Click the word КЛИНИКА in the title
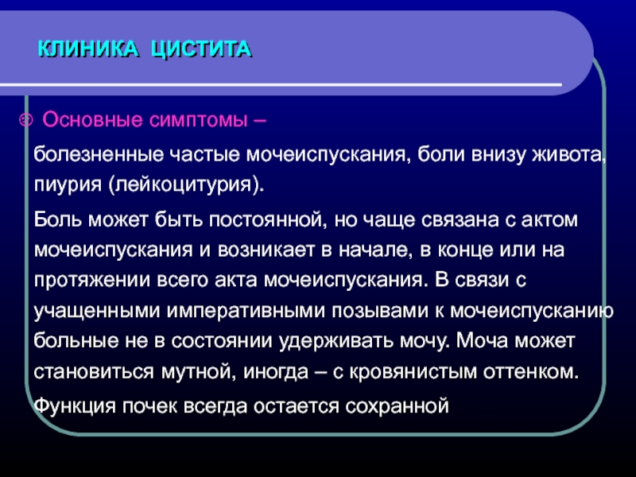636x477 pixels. point(88,49)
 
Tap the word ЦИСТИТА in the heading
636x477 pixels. point(201,50)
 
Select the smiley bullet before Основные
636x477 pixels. point(26,120)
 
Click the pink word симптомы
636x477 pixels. point(198,121)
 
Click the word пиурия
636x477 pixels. point(68,185)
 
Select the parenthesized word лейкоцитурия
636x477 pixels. point(184,185)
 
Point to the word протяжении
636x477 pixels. point(92,281)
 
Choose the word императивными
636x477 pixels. point(246,311)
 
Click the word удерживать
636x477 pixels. point(335,342)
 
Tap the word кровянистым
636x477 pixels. point(413,372)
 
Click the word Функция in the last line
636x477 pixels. point(75,406)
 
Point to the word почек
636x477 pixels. point(150,405)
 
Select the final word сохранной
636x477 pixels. point(397,406)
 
